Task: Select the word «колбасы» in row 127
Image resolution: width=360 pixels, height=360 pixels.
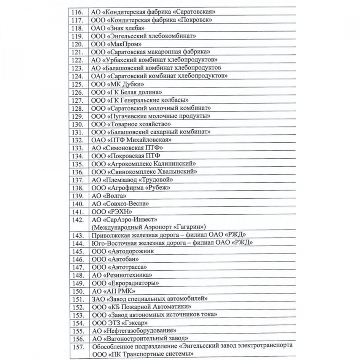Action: click(x=173, y=100)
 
